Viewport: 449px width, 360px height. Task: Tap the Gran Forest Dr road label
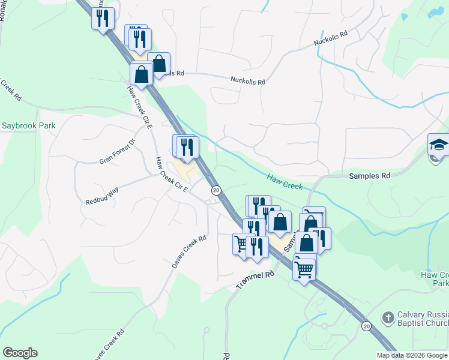118,152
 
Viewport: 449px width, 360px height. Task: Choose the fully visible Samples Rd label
370,176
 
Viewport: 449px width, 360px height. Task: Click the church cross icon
388,316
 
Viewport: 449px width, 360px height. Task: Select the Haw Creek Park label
435,278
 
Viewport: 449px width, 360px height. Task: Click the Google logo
20,353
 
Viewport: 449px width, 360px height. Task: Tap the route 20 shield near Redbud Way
216,190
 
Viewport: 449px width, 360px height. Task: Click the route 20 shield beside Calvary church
366,325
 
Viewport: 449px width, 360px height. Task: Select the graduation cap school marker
439,145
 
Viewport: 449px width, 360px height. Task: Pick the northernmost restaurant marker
103,17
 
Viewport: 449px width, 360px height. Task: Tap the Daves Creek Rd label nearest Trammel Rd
189,251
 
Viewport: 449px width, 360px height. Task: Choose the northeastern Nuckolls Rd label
331,40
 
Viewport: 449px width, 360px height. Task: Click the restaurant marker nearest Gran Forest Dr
186,146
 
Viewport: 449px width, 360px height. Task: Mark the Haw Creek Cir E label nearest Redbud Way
172,175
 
